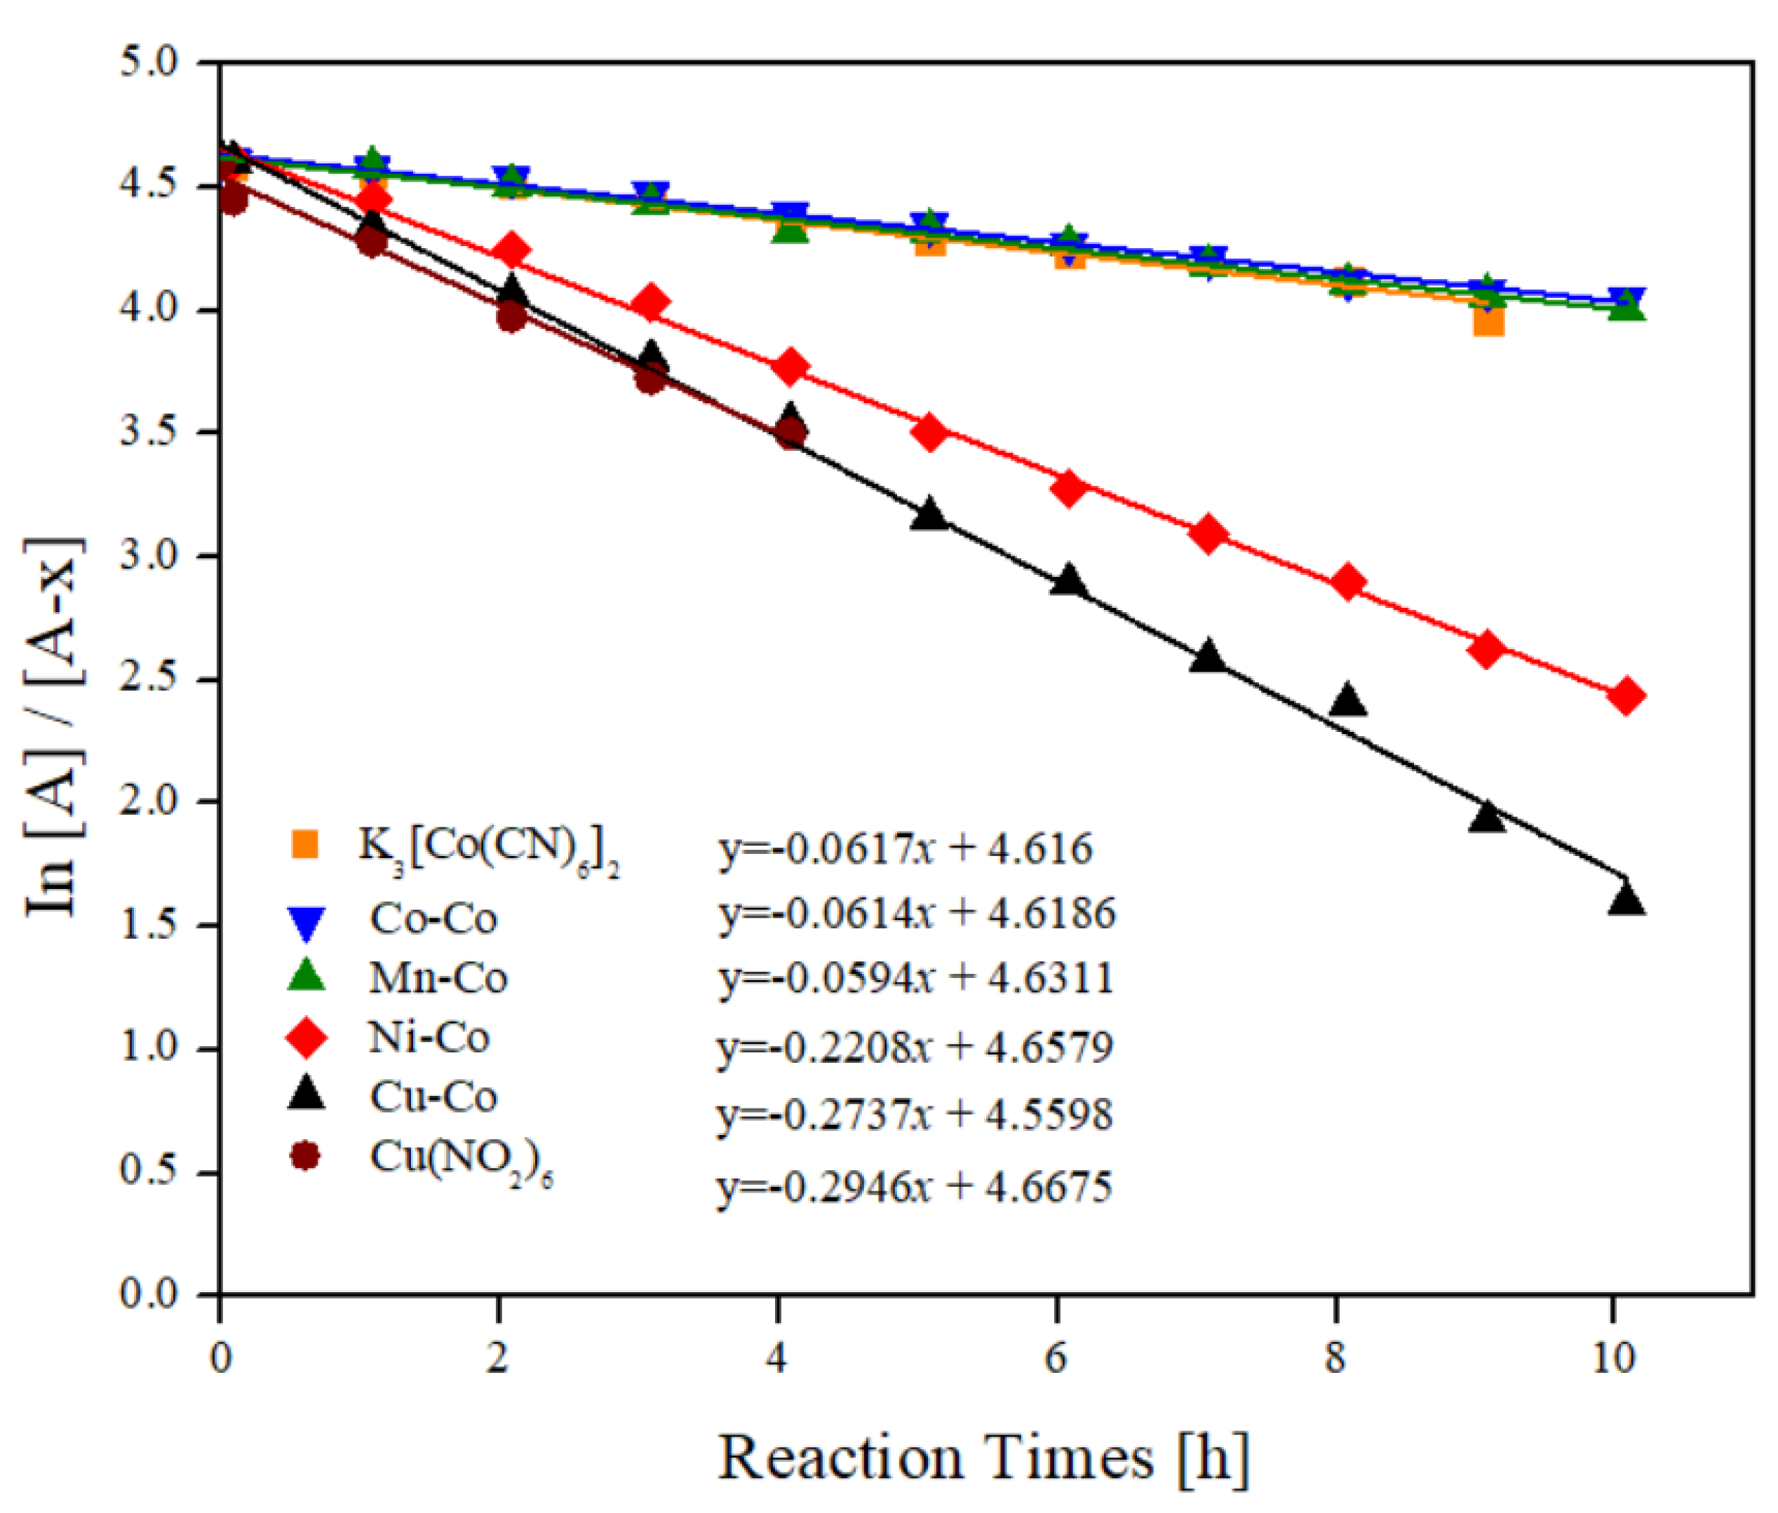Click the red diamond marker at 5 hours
pyautogui.click(x=929, y=433)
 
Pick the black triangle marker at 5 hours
pyautogui.click(x=929, y=515)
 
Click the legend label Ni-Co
pyautogui.click(x=429, y=1038)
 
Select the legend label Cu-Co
pyautogui.click(x=433, y=1097)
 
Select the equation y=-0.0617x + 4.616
pyautogui.click(x=905, y=849)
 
